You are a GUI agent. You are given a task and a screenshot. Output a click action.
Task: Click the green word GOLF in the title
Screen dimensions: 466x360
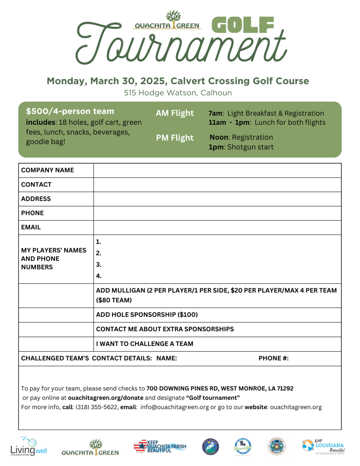[243, 25]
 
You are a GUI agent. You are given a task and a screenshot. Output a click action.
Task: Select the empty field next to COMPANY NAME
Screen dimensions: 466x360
[217, 170]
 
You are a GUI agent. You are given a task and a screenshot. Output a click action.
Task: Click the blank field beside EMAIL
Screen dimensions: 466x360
[217, 227]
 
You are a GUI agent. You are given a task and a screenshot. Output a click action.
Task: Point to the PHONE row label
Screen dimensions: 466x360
[32, 213]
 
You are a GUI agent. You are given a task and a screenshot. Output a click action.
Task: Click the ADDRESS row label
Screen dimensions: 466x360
[36, 199]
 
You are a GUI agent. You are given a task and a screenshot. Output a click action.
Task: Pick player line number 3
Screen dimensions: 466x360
[99, 264]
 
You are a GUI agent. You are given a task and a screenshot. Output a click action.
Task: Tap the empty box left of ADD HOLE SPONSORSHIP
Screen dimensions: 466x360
[56, 315]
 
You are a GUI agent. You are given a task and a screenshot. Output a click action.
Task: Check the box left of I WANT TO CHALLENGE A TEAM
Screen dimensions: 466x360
[56, 344]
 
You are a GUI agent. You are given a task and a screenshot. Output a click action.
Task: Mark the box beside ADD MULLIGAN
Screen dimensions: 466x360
[56, 295]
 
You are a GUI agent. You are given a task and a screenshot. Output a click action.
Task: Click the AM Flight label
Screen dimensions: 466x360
[175, 113]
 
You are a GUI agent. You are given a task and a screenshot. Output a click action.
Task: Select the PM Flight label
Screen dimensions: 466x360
[175, 138]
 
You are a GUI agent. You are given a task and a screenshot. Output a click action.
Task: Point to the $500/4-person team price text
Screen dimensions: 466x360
[70, 111]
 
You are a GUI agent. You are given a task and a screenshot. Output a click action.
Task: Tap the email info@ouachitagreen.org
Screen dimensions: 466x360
[174, 407]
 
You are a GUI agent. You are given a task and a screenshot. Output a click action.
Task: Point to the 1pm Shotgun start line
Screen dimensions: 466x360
[241, 147]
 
